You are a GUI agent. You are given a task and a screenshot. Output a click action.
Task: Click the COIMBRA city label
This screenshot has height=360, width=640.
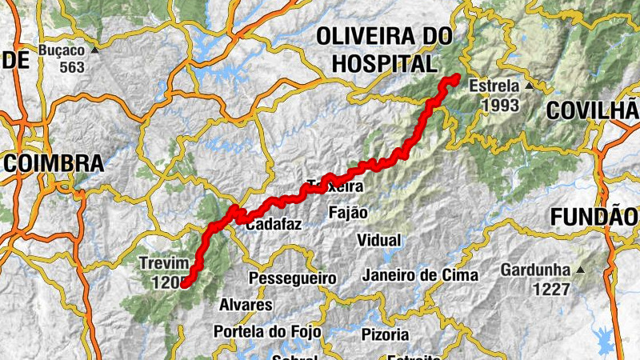[54, 164]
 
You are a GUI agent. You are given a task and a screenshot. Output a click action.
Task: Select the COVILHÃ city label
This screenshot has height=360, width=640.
[593, 111]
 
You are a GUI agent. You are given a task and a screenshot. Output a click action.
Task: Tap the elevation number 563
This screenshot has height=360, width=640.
[71, 67]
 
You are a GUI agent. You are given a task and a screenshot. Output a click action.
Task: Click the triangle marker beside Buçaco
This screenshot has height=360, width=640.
[94, 50]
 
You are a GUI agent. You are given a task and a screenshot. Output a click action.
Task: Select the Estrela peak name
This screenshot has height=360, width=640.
[494, 86]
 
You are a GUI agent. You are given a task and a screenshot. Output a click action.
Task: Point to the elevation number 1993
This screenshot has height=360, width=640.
[500, 105]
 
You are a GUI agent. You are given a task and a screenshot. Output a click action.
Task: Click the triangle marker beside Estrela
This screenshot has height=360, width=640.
[529, 85]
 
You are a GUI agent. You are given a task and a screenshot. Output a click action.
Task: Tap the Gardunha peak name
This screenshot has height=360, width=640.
[535, 270]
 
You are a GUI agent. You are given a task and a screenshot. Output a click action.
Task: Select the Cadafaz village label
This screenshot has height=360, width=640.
[273, 225]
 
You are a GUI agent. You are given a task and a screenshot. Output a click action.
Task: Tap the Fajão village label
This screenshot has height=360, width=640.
[348, 213]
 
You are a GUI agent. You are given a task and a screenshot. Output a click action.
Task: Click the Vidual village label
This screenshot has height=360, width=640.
[379, 240]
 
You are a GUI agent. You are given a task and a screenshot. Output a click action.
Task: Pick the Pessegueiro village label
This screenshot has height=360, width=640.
[292, 278]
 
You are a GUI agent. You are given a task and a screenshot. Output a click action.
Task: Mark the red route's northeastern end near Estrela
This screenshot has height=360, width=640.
[454, 78]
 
